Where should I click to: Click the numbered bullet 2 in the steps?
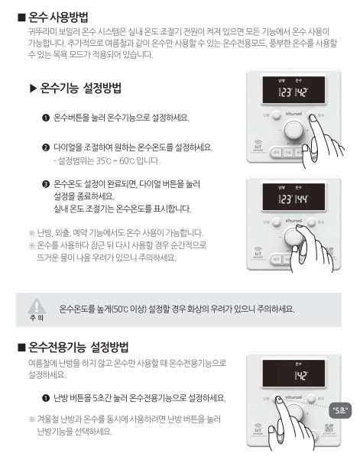pos(46,146)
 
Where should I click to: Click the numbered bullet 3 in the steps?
pos(46,184)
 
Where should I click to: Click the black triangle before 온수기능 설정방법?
pos(33,89)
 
